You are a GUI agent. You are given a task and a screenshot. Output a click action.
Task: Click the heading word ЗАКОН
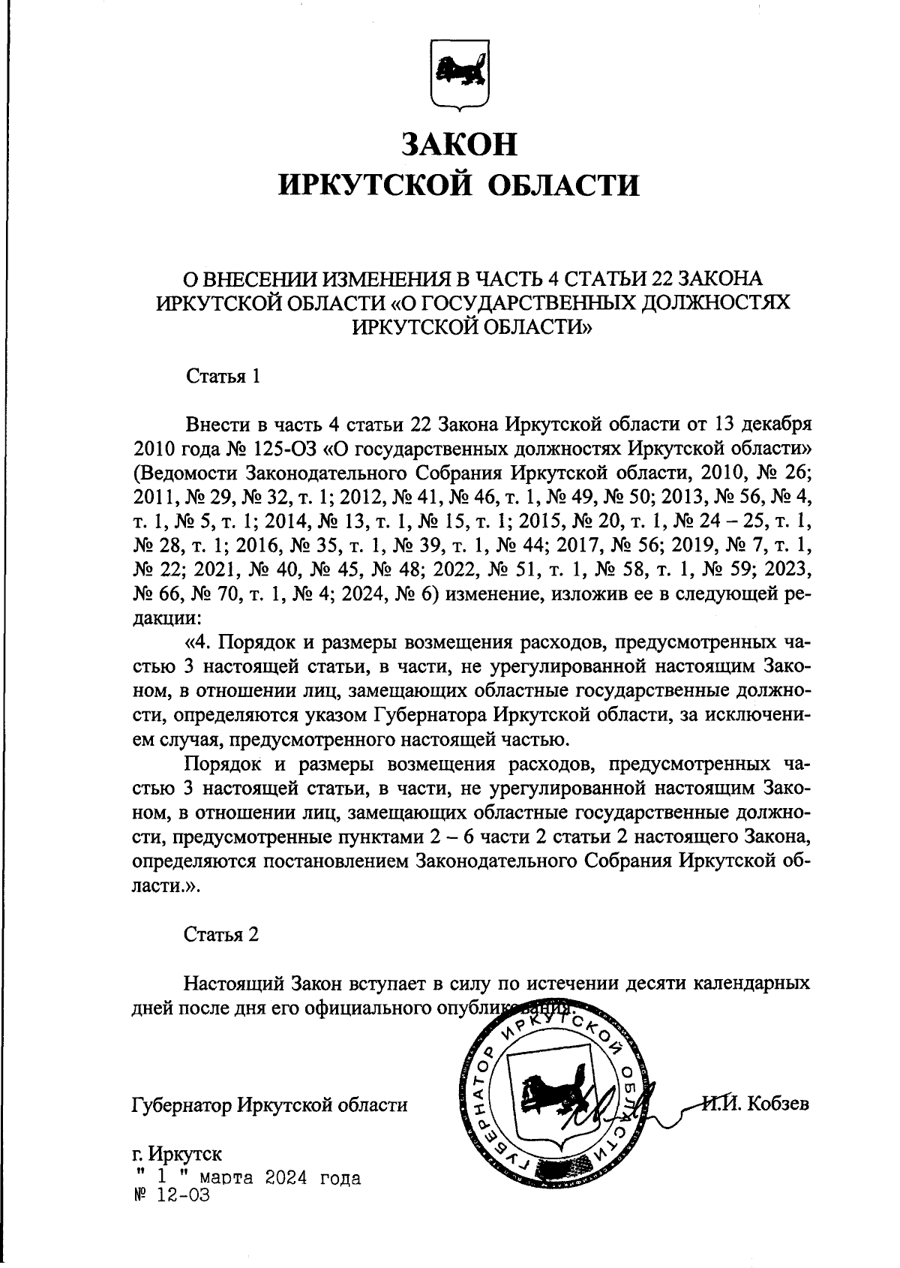(x=459, y=144)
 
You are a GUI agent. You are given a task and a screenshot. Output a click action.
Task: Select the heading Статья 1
(x=223, y=377)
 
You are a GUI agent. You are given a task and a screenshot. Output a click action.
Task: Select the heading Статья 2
(x=222, y=935)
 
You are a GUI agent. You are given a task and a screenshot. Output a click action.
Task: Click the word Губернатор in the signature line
(x=181, y=1104)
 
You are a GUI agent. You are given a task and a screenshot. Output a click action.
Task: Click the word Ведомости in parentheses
(x=186, y=474)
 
